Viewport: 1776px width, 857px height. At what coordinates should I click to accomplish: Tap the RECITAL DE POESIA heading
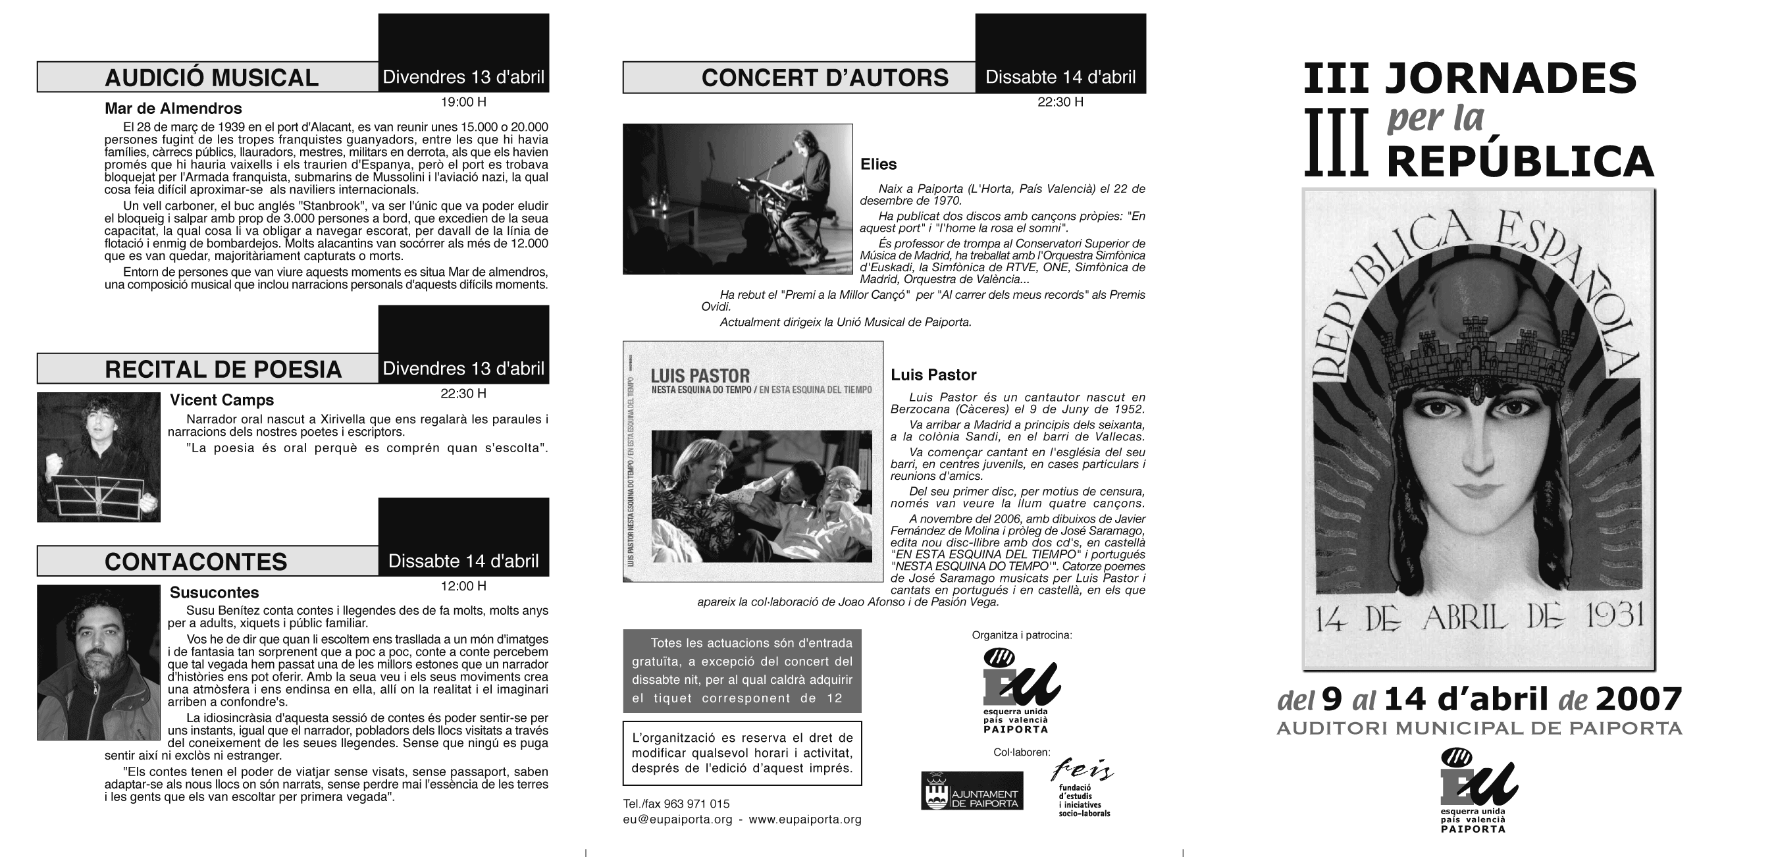pyautogui.click(x=222, y=369)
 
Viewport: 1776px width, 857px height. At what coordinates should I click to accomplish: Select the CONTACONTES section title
pyautogui.click(x=196, y=562)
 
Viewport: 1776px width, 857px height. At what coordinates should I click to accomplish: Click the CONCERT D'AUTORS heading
pyautogui.click(x=825, y=78)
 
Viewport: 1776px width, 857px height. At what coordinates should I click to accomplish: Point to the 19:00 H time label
pyautogui.click(x=463, y=102)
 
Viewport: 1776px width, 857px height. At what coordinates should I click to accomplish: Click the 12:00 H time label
pyautogui.click(x=463, y=586)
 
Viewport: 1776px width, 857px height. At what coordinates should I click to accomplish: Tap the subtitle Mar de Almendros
pyautogui.click(x=173, y=108)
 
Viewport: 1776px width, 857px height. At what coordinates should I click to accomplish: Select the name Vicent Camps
pyautogui.click(x=221, y=400)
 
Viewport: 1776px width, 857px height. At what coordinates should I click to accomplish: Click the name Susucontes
pyautogui.click(x=214, y=592)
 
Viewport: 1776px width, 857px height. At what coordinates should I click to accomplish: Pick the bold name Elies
pyautogui.click(x=877, y=164)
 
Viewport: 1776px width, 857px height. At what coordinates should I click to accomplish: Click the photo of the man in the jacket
pyautogui.click(x=98, y=663)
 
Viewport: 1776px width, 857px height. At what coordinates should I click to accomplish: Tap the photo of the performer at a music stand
pyautogui.click(x=98, y=457)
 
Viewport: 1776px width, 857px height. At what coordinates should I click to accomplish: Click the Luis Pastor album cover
pyautogui.click(x=753, y=461)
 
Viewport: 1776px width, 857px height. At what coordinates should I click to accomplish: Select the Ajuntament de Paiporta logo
pyautogui.click(x=972, y=790)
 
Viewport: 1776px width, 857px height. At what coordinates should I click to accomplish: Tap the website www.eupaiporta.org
pyautogui.click(x=804, y=819)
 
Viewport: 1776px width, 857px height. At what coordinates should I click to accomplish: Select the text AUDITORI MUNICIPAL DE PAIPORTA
pyautogui.click(x=1479, y=728)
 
